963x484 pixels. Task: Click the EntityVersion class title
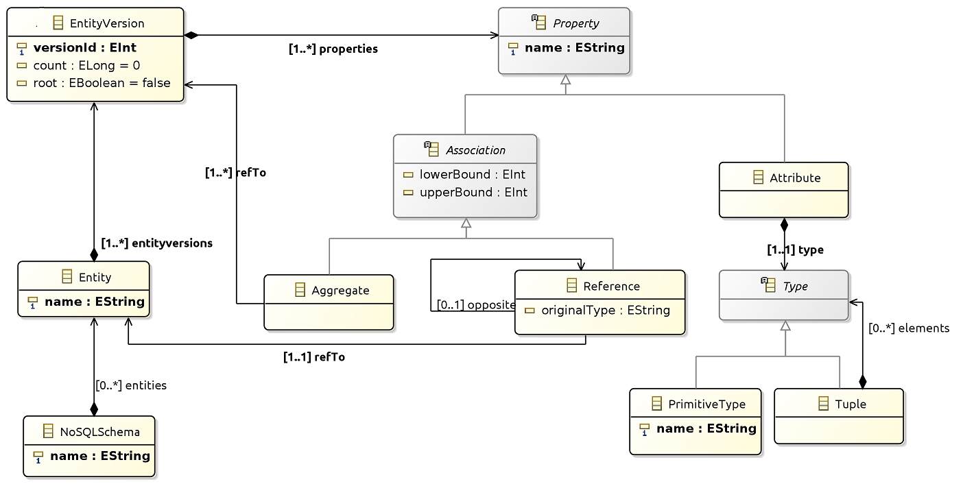(107, 23)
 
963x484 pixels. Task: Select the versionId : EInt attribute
(84, 47)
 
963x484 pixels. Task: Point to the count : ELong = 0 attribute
(86, 65)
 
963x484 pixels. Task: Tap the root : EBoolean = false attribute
(102, 82)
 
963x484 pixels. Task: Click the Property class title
(576, 23)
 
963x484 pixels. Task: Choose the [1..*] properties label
(333, 49)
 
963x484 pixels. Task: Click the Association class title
(475, 150)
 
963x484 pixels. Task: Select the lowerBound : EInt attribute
(473, 174)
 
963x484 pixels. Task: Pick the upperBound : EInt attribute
(473, 192)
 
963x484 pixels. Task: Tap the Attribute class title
(795, 178)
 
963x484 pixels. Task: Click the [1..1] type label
(796, 250)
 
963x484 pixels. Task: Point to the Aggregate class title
(340, 291)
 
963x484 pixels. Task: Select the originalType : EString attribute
(606, 310)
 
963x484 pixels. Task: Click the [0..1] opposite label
(476, 305)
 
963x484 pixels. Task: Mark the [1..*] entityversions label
(156, 243)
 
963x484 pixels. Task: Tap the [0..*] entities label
(131, 385)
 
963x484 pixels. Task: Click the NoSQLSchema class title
(99, 432)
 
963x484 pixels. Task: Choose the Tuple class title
(851, 404)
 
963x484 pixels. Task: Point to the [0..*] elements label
(909, 328)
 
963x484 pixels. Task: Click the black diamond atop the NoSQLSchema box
(94, 409)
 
